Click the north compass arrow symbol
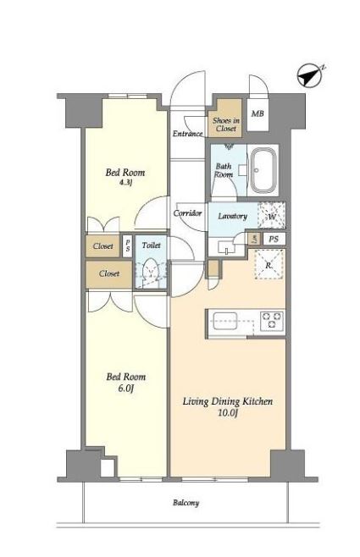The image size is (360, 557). point(310,75)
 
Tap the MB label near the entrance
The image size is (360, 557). point(258,113)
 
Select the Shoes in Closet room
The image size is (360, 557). point(225,119)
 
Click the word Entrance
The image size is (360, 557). point(188,134)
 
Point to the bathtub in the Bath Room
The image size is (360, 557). point(263,170)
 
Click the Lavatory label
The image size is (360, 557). point(232,216)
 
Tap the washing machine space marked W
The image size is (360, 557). point(272,215)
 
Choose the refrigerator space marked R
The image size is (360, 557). point(269,265)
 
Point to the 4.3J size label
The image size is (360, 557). point(126,184)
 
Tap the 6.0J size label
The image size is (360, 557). point(125,389)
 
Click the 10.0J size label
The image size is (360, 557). point(228,413)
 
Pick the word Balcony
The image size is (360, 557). point(186,503)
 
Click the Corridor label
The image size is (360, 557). point(188,213)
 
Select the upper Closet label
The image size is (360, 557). point(103,245)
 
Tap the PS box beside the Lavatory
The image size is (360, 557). point(274,239)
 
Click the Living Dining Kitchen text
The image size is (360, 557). point(228,401)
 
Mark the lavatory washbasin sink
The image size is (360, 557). point(224,246)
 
